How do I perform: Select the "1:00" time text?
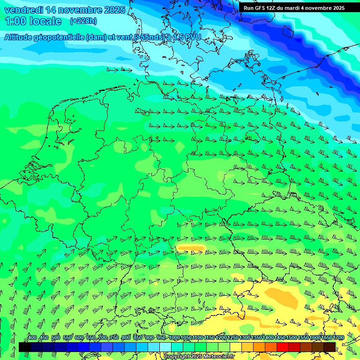coord(16,21)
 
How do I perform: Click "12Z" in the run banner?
coord(271,8)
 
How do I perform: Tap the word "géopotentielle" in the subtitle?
coord(60,37)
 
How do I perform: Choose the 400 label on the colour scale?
coord(32,338)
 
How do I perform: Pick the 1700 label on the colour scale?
coord(338,338)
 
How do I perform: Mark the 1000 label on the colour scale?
coord(174,338)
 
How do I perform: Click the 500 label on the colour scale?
coord(56,338)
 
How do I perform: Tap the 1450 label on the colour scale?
coord(280,338)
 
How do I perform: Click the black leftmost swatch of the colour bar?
coord(25,346)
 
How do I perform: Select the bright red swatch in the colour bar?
coord(282,346)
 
